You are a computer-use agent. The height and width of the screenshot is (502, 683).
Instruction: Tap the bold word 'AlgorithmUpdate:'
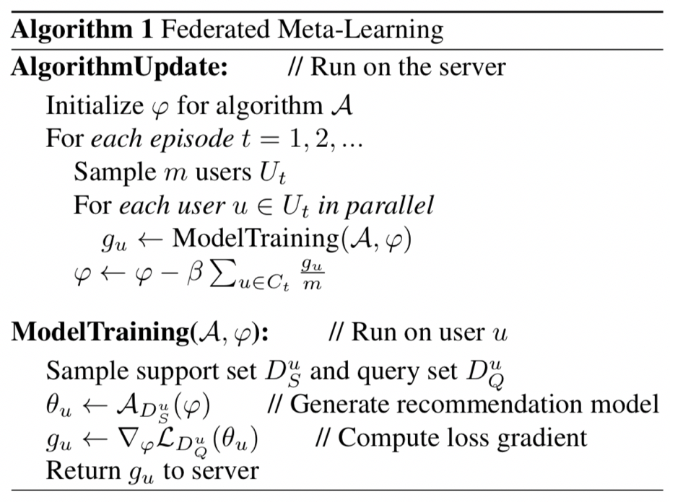click(120, 67)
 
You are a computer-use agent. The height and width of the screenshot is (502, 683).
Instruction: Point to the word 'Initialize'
click(95, 105)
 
